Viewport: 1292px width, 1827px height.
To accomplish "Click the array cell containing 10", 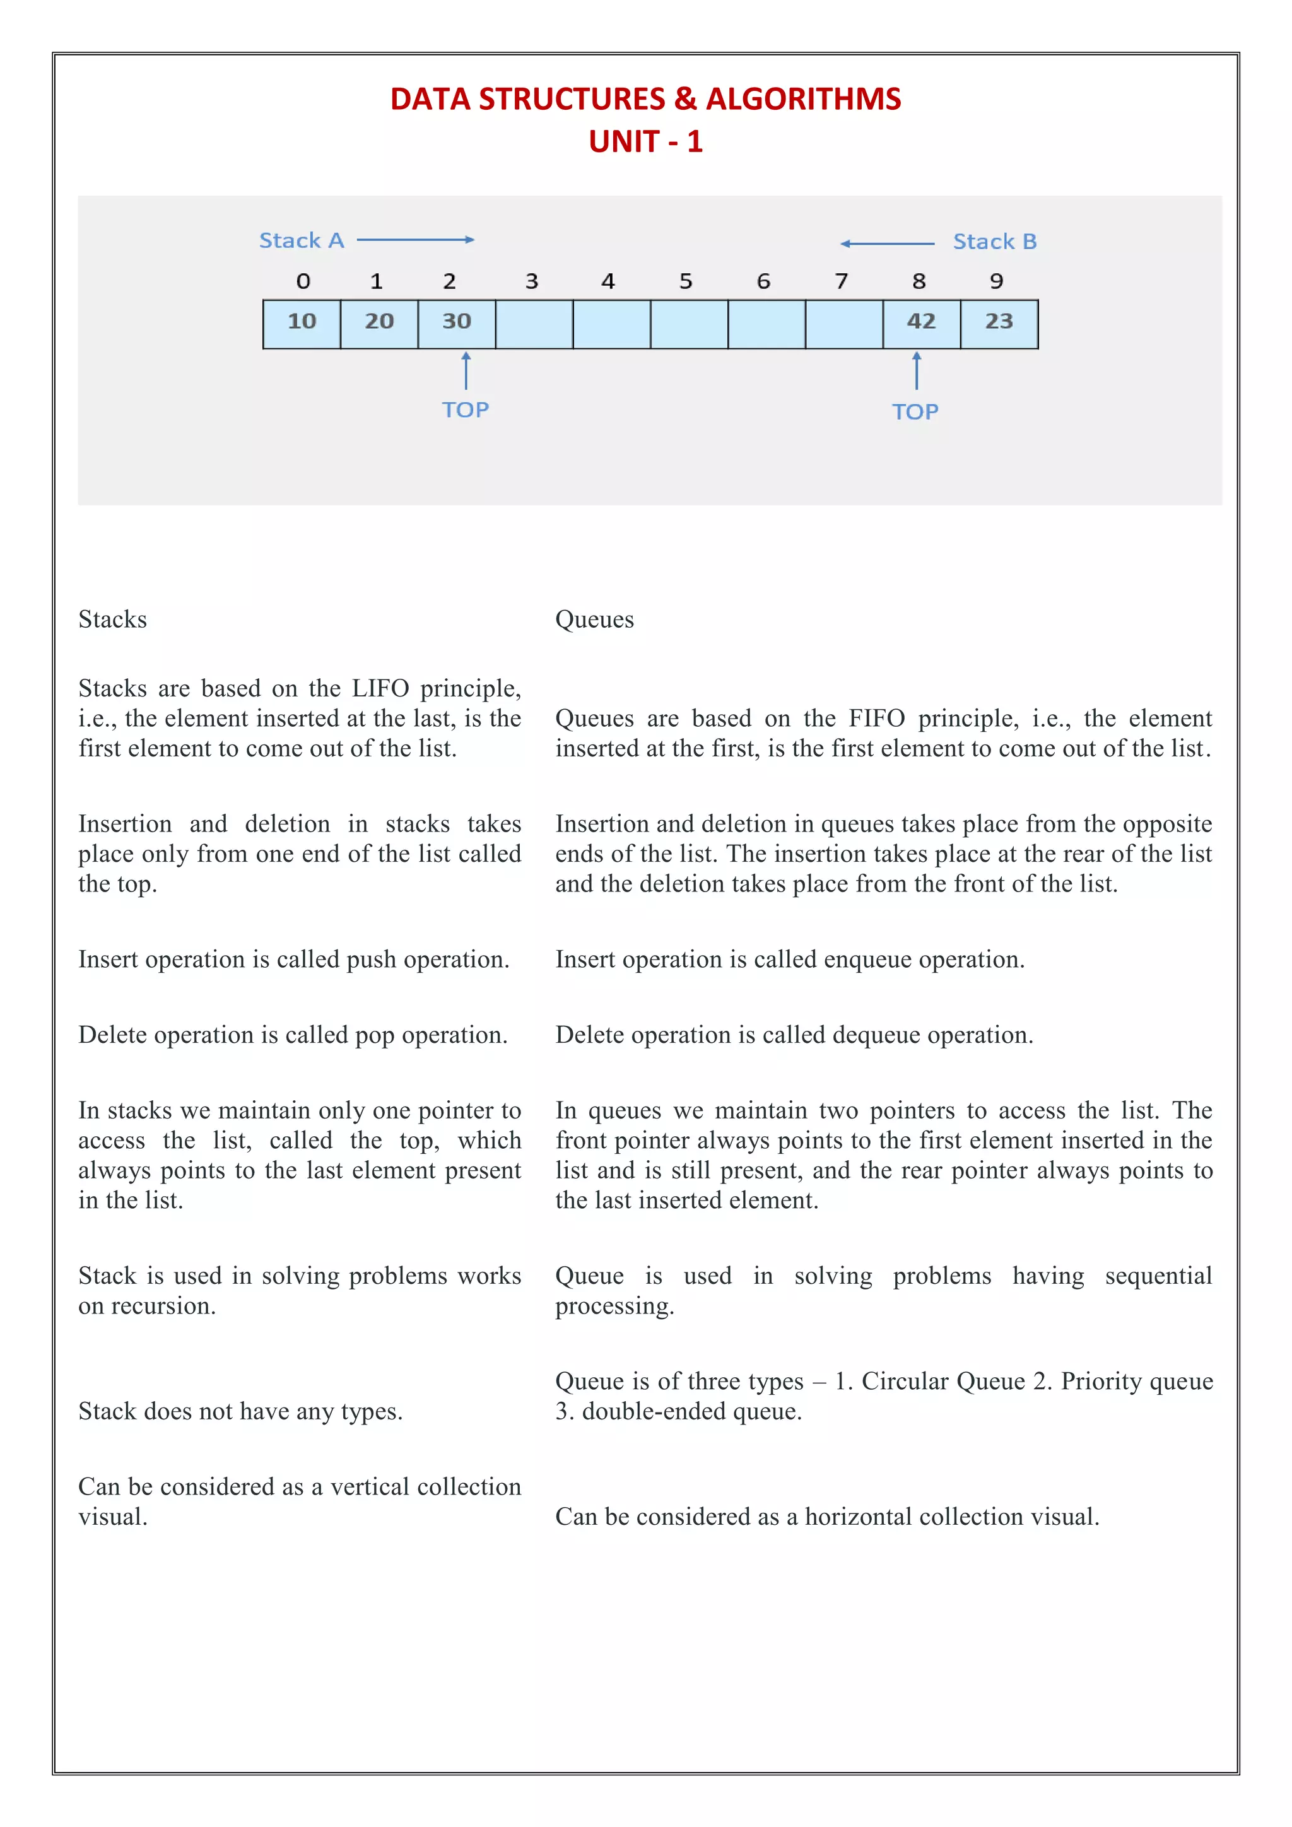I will tap(302, 324).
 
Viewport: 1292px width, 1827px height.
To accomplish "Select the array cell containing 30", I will tap(457, 324).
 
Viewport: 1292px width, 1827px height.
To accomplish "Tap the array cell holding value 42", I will tap(921, 324).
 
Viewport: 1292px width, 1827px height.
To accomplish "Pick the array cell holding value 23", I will tap(999, 324).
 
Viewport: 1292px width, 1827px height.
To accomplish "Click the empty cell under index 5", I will tap(689, 324).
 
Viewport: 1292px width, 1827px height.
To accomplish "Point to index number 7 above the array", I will tap(841, 281).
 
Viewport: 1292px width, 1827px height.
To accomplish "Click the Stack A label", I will tap(302, 240).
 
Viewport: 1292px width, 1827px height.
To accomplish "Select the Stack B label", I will tap(994, 242).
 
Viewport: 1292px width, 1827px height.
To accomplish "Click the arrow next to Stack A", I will tap(415, 240).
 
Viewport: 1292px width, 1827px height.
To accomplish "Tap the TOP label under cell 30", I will tap(466, 410).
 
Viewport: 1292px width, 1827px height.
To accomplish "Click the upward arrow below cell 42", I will tap(917, 371).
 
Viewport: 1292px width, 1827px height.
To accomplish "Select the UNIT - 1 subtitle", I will tap(645, 142).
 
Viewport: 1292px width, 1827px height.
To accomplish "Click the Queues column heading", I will tap(594, 620).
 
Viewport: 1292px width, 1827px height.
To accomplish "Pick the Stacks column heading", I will tap(112, 620).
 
